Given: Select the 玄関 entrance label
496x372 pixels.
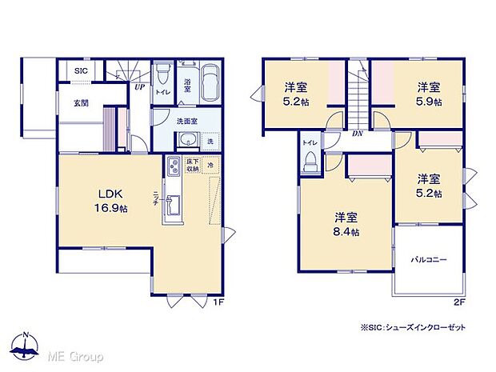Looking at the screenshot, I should point(81,102).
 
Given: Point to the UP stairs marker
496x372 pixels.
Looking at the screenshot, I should point(138,86).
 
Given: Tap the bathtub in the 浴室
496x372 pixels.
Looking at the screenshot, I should point(210,81).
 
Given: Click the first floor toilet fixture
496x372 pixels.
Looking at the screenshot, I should point(163,75).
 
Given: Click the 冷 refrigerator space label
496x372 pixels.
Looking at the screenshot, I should point(210,166).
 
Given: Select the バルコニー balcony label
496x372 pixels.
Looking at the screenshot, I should point(429,261).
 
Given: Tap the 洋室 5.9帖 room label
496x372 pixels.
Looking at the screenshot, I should point(428,94).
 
